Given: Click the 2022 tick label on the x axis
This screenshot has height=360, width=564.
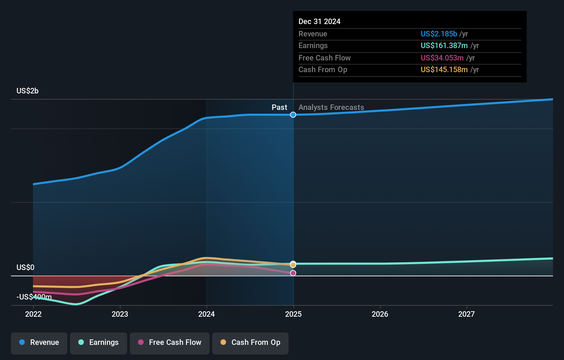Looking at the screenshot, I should click(33, 314).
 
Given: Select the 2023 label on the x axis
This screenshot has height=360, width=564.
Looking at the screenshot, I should click(120, 314).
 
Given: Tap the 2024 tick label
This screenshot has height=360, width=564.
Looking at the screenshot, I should click(206, 314).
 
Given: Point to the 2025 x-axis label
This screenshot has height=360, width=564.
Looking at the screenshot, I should click(293, 314).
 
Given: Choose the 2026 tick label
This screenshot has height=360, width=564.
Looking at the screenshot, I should click(380, 314).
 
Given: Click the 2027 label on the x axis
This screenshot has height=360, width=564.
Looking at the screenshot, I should click(466, 314).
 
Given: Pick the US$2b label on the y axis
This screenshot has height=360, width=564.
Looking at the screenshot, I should click(27, 91).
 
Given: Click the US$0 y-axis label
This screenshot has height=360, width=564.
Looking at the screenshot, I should click(25, 267).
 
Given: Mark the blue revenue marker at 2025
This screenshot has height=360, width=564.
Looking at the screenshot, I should click(293, 115).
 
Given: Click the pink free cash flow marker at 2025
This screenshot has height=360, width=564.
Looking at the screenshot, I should click(293, 273).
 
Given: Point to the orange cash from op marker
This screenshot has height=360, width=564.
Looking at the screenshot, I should click(293, 265).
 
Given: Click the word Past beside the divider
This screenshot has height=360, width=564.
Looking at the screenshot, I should click(279, 107).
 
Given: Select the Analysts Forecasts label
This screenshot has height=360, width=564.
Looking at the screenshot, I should click(331, 107).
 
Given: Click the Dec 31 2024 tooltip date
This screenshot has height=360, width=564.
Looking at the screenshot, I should click(319, 21).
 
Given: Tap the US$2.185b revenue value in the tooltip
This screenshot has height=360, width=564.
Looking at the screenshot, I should click(439, 34).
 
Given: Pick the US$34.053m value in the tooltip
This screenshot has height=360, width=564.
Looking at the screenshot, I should click(442, 58).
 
